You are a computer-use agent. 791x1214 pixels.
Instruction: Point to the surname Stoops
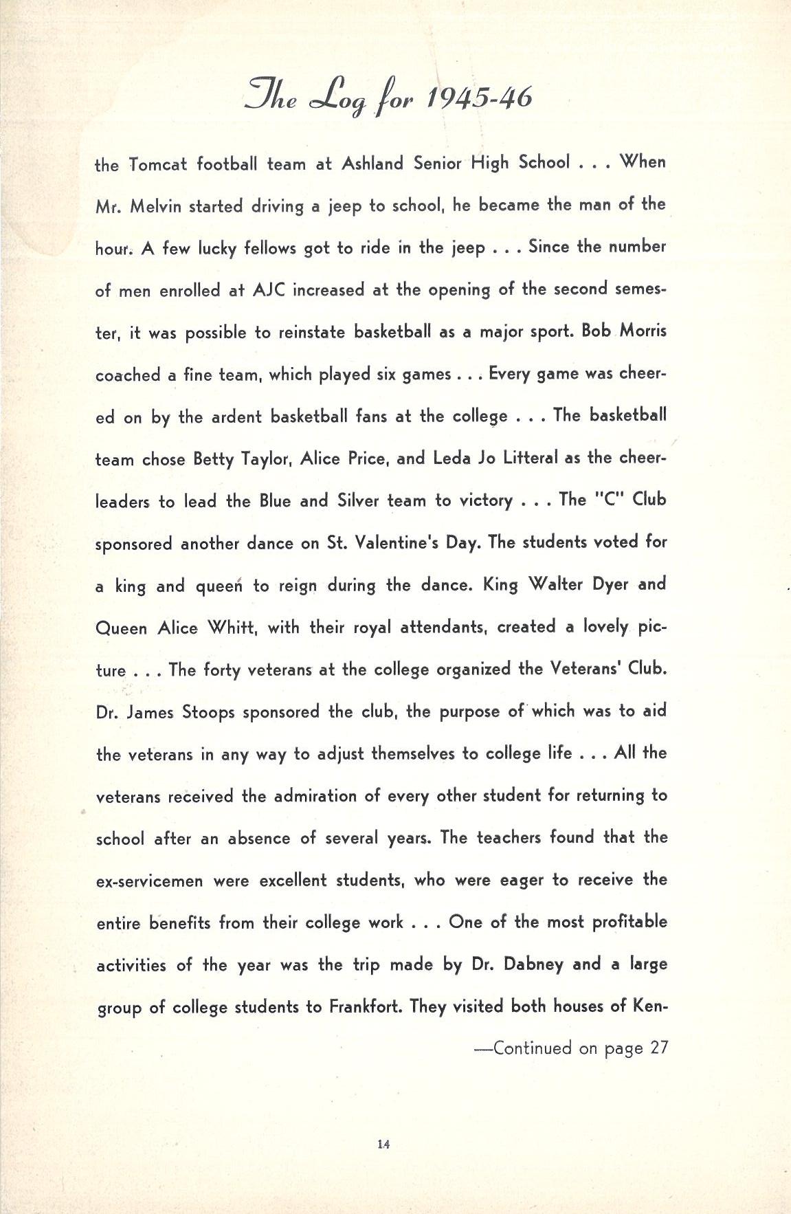[x=209, y=712]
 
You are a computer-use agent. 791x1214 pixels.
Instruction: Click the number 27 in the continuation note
[x=659, y=1048]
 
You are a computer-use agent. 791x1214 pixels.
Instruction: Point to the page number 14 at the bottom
[x=383, y=1145]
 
